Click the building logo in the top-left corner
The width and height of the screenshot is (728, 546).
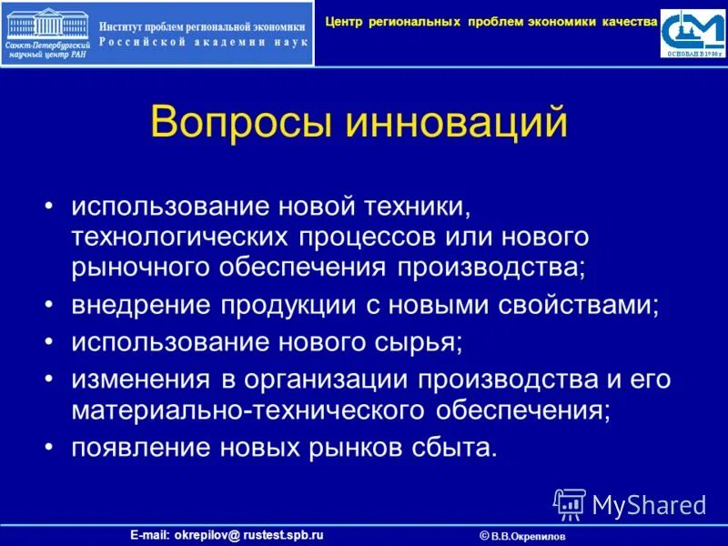coord(45,33)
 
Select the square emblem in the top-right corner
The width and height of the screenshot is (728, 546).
coord(694,33)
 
